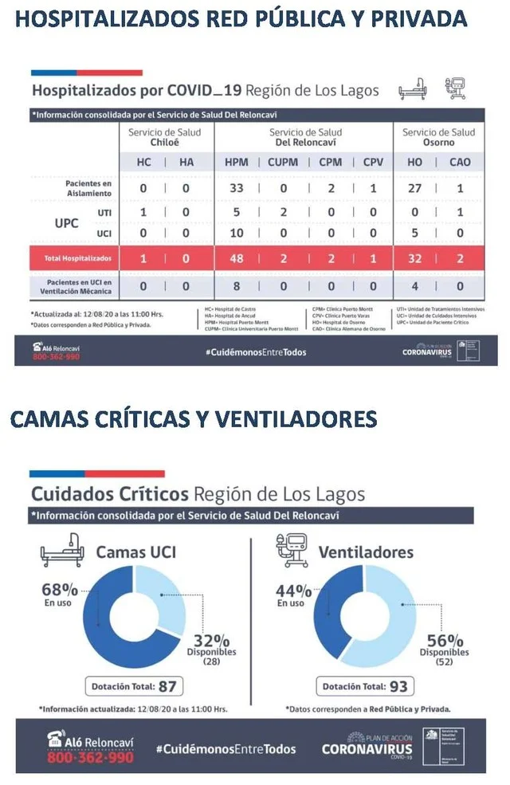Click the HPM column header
(237, 162)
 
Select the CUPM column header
(283, 162)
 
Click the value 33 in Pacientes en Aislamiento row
(237, 188)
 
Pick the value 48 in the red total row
(237, 258)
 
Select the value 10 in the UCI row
(237, 234)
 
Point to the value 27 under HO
(414, 188)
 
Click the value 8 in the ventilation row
(237, 285)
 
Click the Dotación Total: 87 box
(133, 685)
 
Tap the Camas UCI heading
(136, 551)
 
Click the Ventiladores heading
(366, 551)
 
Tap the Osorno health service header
(439, 137)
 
